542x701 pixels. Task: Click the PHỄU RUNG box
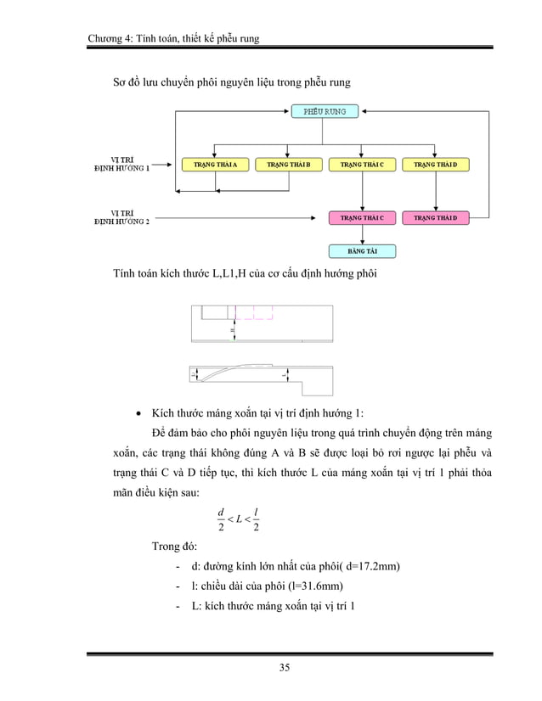pos(325,110)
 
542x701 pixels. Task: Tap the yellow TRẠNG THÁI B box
pos(289,164)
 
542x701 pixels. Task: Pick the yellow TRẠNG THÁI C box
pos(362,164)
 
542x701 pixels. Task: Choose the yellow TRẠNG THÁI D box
pos(435,164)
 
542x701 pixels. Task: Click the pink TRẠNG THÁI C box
pos(362,218)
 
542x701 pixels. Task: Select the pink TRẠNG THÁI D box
pos(435,218)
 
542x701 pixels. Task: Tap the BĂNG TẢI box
pos(362,251)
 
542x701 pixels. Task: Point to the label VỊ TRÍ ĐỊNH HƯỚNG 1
pos(121,163)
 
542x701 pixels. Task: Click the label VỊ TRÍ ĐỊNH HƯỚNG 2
pos(121,217)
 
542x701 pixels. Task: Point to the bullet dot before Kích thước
pos(138,413)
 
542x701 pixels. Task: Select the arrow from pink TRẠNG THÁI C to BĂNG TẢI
pos(362,235)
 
